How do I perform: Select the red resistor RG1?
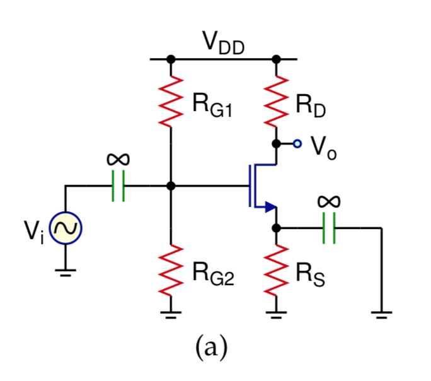pos(171,101)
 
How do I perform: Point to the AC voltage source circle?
pos(66,229)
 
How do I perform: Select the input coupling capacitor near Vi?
pos(118,187)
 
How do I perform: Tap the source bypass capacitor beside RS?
pos(327,228)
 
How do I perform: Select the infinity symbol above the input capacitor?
pos(118,160)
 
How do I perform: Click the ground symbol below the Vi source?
pos(66,272)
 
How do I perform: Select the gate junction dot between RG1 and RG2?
pos(171,187)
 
